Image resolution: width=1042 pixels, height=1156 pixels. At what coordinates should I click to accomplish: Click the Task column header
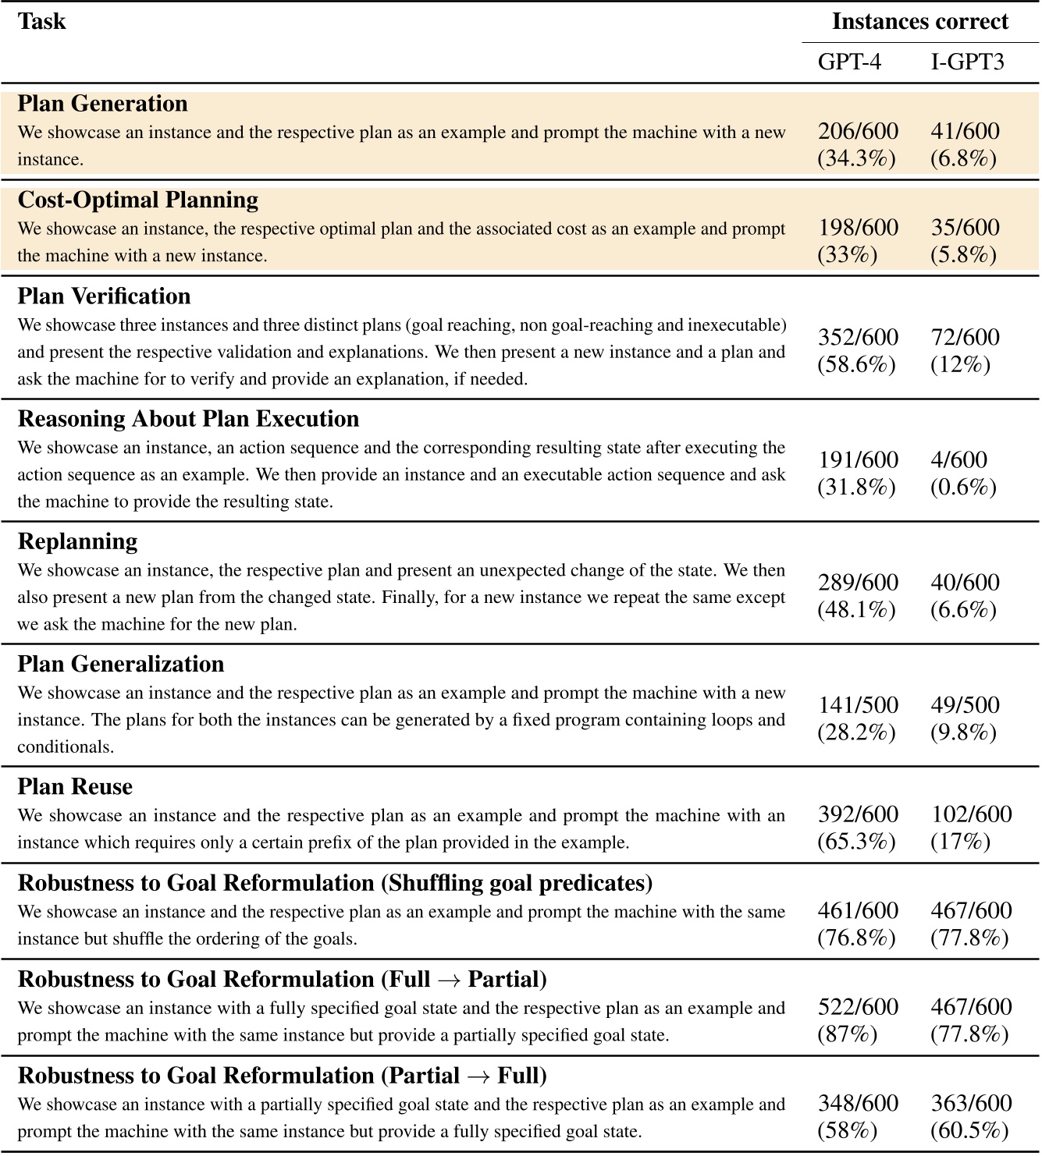click(41, 21)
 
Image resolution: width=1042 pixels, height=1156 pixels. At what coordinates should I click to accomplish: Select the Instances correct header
click(919, 21)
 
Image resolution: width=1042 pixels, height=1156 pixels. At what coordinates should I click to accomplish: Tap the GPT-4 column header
click(849, 62)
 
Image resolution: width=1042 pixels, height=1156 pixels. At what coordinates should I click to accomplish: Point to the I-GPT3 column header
click(967, 62)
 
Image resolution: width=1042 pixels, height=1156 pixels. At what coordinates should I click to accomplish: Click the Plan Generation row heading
click(102, 104)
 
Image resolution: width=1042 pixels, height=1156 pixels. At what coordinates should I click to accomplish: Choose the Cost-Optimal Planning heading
click(137, 200)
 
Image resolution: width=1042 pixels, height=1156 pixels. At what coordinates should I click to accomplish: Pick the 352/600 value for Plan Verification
click(857, 337)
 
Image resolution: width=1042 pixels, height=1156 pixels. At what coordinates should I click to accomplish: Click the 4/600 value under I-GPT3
click(958, 459)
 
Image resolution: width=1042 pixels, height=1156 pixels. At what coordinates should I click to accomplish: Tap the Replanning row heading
click(77, 541)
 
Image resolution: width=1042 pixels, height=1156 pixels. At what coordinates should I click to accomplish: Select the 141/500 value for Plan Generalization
click(857, 704)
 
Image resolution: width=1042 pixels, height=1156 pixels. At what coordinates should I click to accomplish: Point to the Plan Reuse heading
click(75, 786)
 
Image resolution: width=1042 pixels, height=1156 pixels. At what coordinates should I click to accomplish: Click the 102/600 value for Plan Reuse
click(970, 814)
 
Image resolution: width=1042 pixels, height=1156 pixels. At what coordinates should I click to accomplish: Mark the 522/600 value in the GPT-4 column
click(857, 1006)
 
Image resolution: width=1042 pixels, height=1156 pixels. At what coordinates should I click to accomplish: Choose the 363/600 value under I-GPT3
click(970, 1103)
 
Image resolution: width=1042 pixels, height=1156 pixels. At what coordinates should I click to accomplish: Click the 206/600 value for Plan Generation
click(857, 131)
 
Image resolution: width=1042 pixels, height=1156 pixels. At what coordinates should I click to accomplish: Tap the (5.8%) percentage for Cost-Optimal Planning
click(963, 255)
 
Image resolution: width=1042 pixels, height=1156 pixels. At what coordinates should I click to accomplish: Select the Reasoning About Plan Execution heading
click(188, 419)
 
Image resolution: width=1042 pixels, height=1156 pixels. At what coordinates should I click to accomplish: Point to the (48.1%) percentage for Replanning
click(856, 609)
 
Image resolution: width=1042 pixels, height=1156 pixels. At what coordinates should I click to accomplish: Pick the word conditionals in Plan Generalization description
click(66, 746)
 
